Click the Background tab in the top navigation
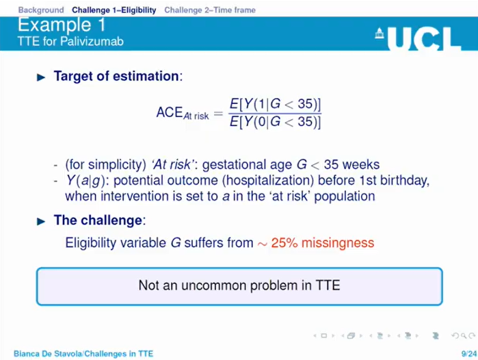[x=40, y=10]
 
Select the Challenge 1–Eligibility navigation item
[x=114, y=10]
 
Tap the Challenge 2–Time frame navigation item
[x=210, y=10]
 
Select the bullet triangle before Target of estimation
[x=40, y=77]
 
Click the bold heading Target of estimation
[x=117, y=76]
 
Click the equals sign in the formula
[x=218, y=114]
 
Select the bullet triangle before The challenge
[x=40, y=221]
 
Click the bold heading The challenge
[x=98, y=220]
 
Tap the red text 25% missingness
[x=323, y=243]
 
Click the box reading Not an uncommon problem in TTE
[x=239, y=285]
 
